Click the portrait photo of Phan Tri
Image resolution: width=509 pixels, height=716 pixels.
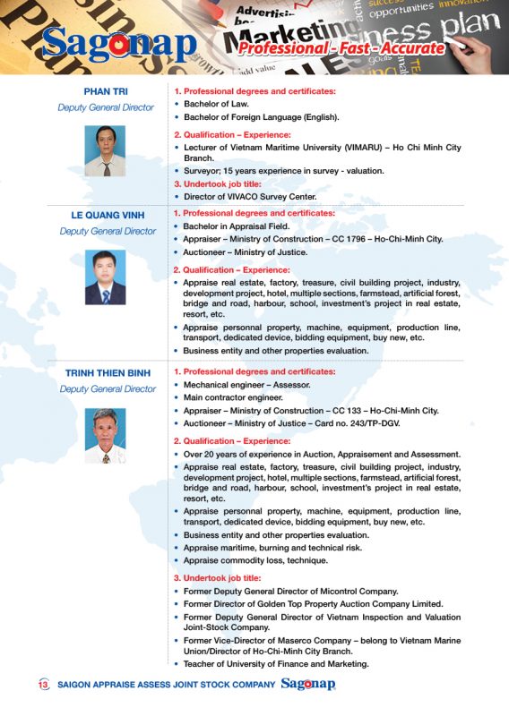(105, 150)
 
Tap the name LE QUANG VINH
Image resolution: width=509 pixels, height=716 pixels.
(107, 215)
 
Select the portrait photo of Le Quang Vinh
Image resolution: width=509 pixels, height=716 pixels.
(105, 277)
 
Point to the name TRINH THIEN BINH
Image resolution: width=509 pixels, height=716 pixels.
(108, 372)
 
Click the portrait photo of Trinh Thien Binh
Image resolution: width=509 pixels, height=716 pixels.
(105, 436)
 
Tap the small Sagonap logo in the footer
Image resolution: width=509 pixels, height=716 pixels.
(307, 685)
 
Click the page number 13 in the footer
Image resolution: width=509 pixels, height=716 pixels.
(43, 686)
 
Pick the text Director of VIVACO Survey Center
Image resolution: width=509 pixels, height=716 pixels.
(250, 196)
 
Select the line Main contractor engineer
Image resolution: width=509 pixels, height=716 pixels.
(233, 397)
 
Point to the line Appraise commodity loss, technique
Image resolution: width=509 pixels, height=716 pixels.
(255, 559)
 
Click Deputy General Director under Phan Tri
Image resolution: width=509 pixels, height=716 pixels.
(106, 107)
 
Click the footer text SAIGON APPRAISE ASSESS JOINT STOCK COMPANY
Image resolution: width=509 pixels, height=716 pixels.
(166, 686)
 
